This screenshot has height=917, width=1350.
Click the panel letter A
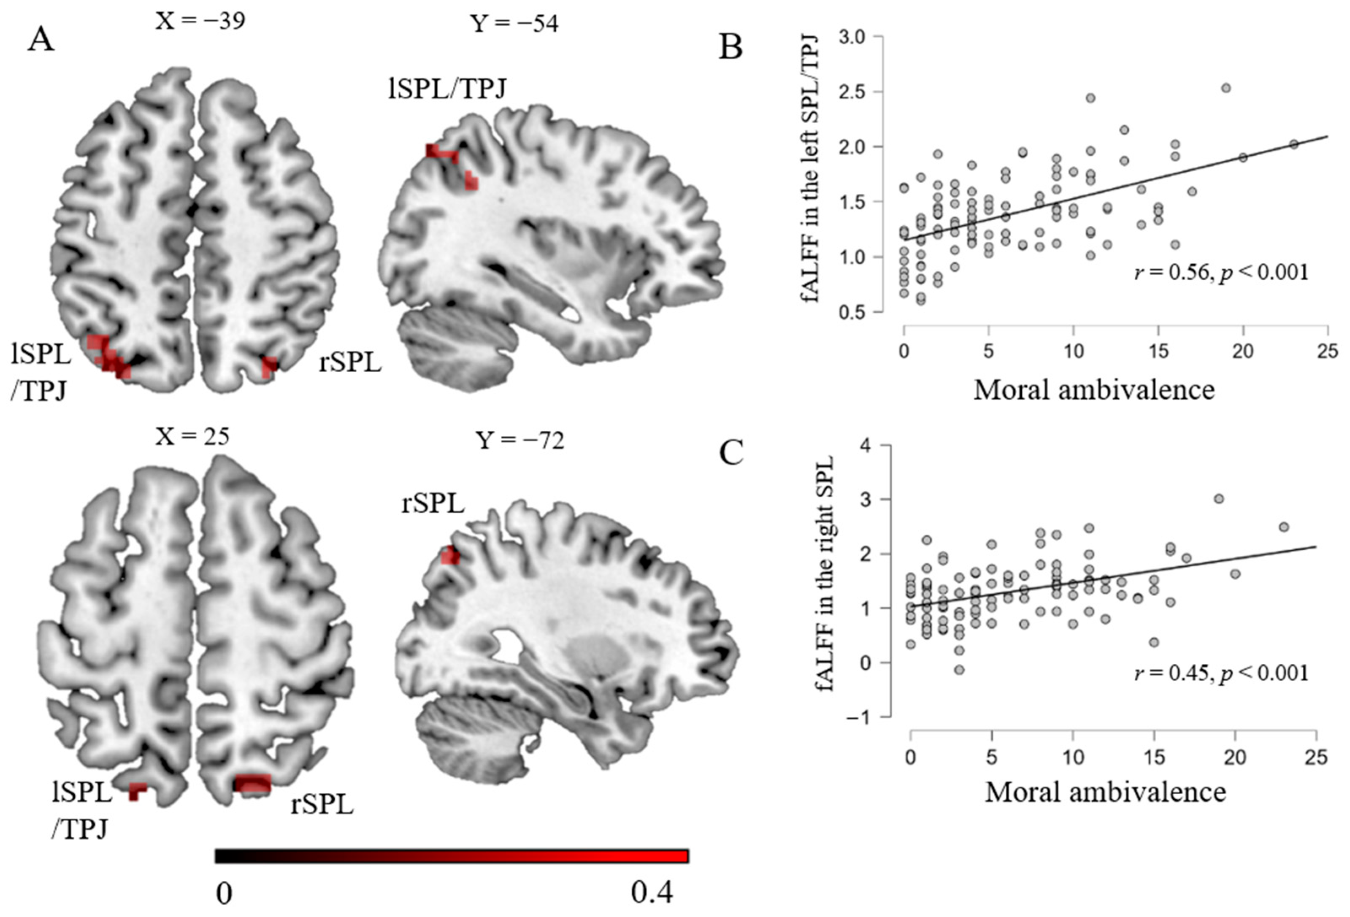[40, 41]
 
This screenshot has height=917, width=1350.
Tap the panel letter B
[730, 47]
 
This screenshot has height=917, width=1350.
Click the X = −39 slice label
[200, 21]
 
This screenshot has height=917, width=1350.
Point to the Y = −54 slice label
[514, 24]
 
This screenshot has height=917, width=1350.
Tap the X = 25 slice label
[192, 436]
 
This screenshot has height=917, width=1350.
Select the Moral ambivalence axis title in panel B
[1094, 390]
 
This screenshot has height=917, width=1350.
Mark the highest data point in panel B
[1226, 88]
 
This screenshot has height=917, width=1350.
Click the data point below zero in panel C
[959, 670]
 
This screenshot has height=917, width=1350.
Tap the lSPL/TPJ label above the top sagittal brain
[447, 88]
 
